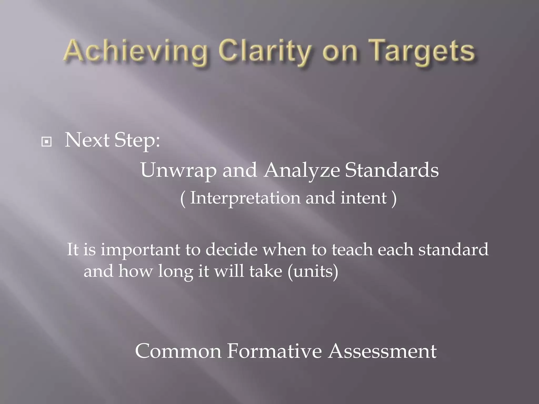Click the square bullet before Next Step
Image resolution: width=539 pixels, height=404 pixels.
click(x=47, y=142)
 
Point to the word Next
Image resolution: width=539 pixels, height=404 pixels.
click(x=87, y=140)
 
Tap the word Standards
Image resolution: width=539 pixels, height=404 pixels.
click(x=392, y=170)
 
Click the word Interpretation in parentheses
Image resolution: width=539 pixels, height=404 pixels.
click(x=245, y=198)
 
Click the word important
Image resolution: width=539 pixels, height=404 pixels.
click(x=141, y=250)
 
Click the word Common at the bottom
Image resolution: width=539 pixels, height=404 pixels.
click(x=178, y=351)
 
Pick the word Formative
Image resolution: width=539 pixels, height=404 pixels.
click(x=274, y=351)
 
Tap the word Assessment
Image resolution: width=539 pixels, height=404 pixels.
click(x=382, y=351)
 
